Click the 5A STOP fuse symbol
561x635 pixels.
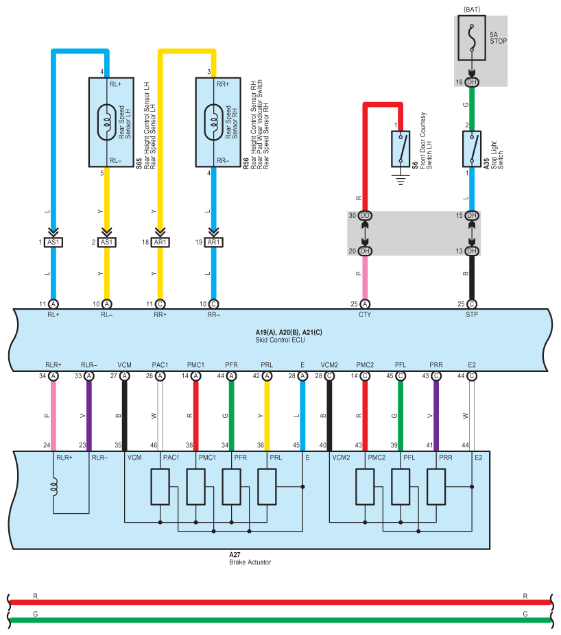(x=472, y=38)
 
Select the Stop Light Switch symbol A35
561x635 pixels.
(x=472, y=149)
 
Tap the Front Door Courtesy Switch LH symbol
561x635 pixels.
(x=401, y=149)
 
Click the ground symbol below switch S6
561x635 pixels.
(x=401, y=179)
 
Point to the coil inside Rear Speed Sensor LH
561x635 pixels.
(x=107, y=123)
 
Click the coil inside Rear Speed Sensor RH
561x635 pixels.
(x=213, y=123)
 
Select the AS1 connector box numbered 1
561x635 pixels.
(x=53, y=242)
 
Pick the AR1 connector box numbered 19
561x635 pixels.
(x=213, y=242)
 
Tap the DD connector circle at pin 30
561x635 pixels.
(x=365, y=216)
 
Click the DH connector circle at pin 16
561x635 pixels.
(x=472, y=82)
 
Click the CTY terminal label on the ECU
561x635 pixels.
(x=365, y=314)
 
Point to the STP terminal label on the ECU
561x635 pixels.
(x=472, y=314)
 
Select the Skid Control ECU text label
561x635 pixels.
(x=280, y=340)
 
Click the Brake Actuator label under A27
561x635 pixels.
(x=250, y=562)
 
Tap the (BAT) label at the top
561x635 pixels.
(x=472, y=9)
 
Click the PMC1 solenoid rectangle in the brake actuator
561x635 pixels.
(x=195, y=487)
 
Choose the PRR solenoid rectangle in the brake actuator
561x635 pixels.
(x=436, y=487)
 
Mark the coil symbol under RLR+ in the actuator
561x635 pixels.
(x=54, y=486)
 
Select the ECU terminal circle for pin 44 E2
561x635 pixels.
(x=472, y=376)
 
